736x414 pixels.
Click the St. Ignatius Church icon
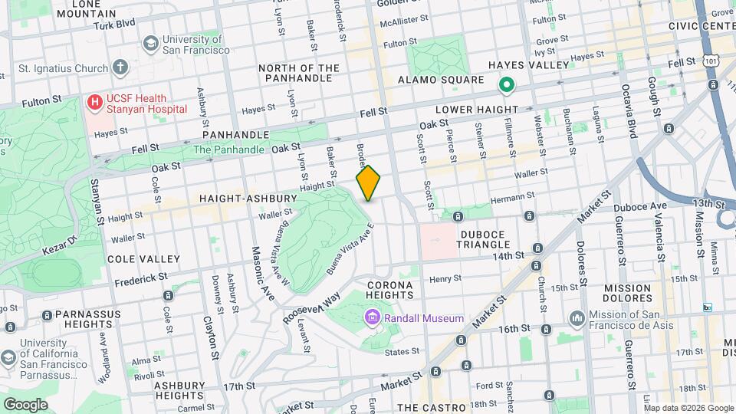coord(120,67)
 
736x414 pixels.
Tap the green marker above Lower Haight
coord(506,84)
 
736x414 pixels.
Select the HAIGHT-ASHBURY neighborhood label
coord(248,199)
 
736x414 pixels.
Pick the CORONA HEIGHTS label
coord(390,290)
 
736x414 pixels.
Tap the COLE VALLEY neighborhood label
coord(144,259)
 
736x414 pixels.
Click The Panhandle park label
coord(224,150)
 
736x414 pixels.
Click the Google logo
coord(25,404)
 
